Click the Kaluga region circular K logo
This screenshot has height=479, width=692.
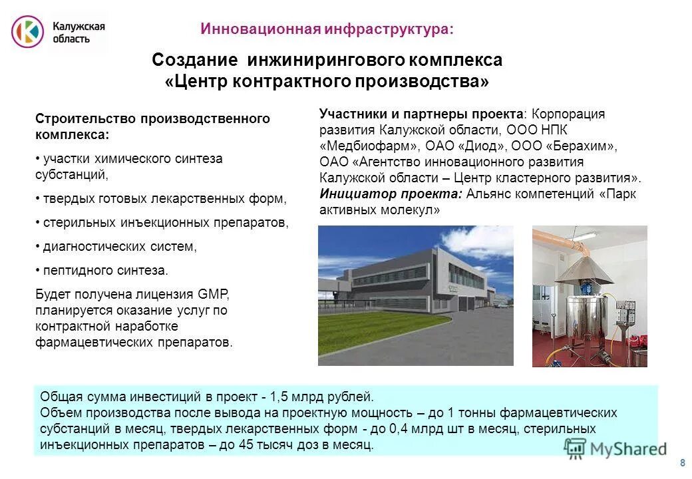click(x=27, y=31)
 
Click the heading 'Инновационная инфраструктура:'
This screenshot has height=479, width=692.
click(x=327, y=29)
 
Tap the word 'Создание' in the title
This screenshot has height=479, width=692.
click(x=195, y=60)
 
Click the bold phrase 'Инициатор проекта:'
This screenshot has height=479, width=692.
click(x=391, y=194)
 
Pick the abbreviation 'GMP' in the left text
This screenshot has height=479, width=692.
click(x=213, y=295)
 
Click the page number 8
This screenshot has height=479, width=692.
click(x=682, y=463)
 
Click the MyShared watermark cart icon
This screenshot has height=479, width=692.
click(x=575, y=448)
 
